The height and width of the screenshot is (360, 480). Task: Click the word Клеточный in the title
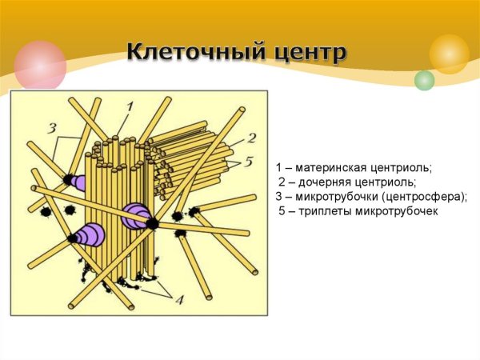[x=183, y=54]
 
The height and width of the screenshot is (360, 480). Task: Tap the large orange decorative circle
[x=449, y=54]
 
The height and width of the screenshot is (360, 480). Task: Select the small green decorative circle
[x=424, y=80]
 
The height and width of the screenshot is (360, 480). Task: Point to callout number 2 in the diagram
[x=251, y=137]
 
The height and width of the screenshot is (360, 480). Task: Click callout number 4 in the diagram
[x=179, y=300]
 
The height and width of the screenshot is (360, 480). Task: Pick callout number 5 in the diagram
[x=249, y=162]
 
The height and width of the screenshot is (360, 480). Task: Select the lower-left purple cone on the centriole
[x=89, y=235]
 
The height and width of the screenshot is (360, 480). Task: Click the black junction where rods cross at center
[x=151, y=224]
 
